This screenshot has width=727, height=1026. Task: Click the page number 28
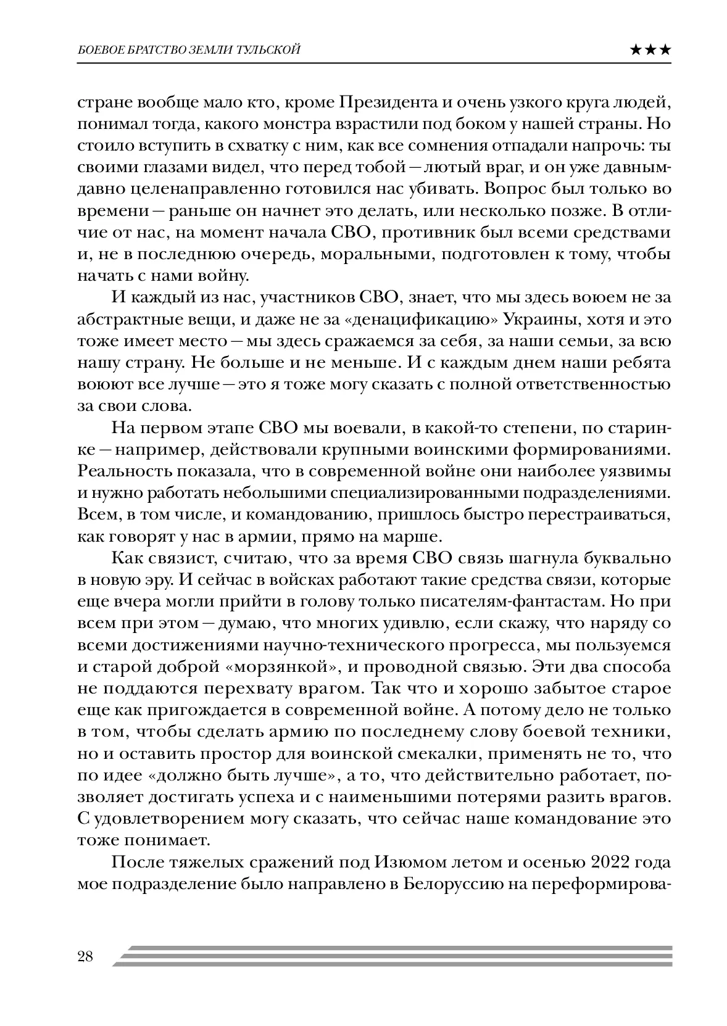coord(85,956)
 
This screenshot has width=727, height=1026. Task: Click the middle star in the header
coord(650,50)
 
